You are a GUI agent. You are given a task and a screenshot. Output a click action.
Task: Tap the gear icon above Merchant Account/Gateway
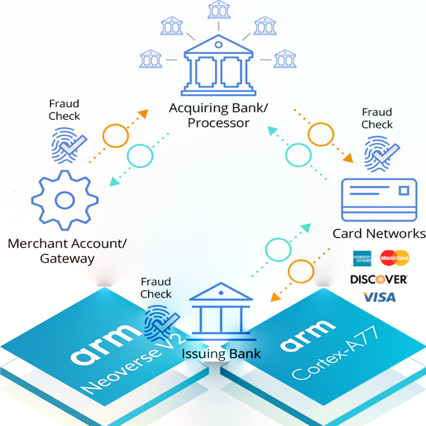point(64,200)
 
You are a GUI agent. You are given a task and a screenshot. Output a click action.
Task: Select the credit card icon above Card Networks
point(378,200)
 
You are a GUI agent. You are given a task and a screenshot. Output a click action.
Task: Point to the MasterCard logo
point(394,258)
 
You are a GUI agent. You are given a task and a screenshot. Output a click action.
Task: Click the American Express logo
point(361,258)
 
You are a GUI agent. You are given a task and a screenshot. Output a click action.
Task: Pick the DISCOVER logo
point(379,278)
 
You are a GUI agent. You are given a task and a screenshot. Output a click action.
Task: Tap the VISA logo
point(379,297)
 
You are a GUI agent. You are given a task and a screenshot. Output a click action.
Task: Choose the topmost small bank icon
point(218,9)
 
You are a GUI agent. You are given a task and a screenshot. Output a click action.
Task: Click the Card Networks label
point(379,233)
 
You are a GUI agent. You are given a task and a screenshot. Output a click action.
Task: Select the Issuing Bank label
point(222,353)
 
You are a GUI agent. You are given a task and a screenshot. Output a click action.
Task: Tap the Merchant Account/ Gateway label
point(67,251)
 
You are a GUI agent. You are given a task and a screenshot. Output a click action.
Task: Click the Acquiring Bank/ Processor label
point(218,116)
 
